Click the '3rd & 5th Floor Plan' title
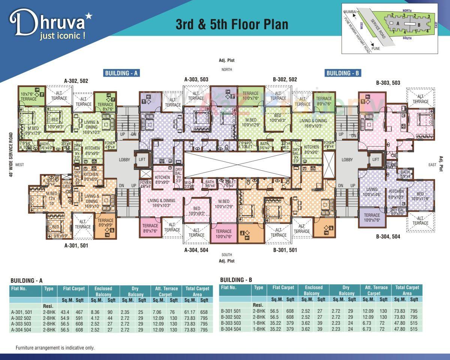(232, 24)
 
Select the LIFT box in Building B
(375, 159)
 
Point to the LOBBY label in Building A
(124, 160)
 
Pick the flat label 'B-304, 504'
(388, 237)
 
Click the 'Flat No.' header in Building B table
(229, 288)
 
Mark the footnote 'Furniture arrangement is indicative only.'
(55, 348)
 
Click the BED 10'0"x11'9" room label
(420, 196)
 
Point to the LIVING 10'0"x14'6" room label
(372, 192)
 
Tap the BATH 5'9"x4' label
(405, 174)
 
